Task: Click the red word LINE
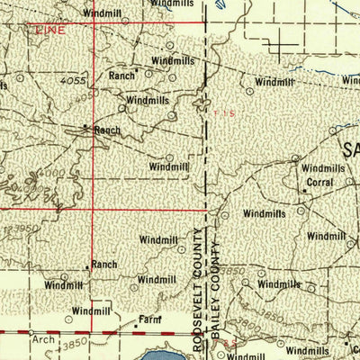pyautogui.click(x=46, y=30)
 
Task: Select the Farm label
pyautogui.click(x=148, y=319)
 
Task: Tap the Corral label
pyautogui.click(x=319, y=182)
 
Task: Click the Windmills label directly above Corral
pyautogui.click(x=323, y=168)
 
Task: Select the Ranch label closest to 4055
pyautogui.click(x=121, y=76)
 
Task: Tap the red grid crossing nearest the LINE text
pyautogui.click(x=94, y=23)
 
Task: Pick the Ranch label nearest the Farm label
pyautogui.click(x=103, y=265)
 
